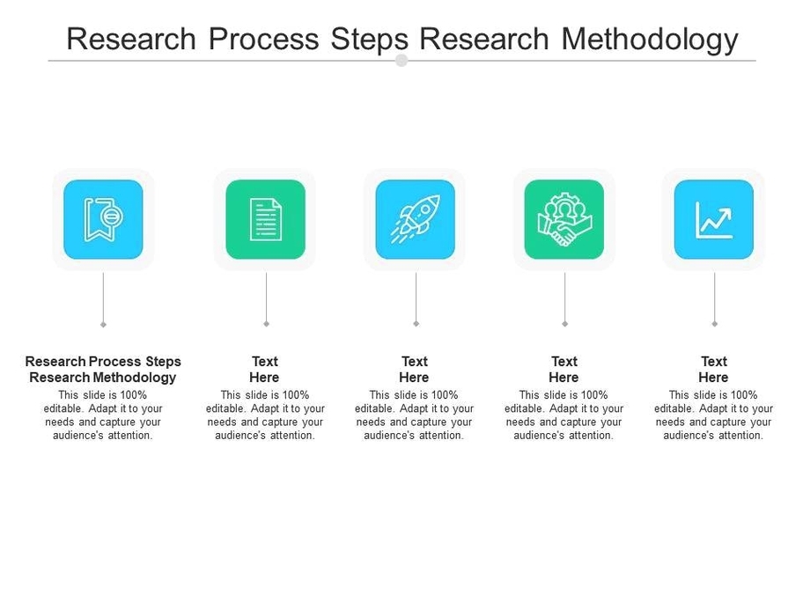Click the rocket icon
pyautogui.click(x=415, y=219)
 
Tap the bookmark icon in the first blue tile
pyautogui.click(x=103, y=219)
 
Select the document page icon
pyautogui.click(x=265, y=219)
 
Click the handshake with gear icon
pyautogui.click(x=564, y=219)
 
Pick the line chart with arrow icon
pyautogui.click(x=714, y=219)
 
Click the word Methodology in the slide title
pyautogui.click(x=649, y=40)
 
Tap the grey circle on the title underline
pyautogui.click(x=401, y=61)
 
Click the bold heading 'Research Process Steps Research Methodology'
pyautogui.click(x=103, y=370)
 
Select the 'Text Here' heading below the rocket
pyautogui.click(x=415, y=370)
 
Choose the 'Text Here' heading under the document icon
pyautogui.click(x=265, y=370)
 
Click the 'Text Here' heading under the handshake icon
pyautogui.click(x=564, y=370)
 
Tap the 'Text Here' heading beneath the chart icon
pyautogui.click(x=714, y=370)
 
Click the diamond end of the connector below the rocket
pyautogui.click(x=416, y=324)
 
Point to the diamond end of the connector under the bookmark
pyautogui.click(x=103, y=324)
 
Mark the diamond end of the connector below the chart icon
pyautogui.click(x=714, y=324)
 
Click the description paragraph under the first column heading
pyautogui.click(x=103, y=415)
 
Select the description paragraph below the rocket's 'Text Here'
pyautogui.click(x=415, y=415)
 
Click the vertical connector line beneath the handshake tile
pyautogui.click(x=564, y=297)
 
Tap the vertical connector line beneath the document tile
pyautogui.click(x=266, y=297)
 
